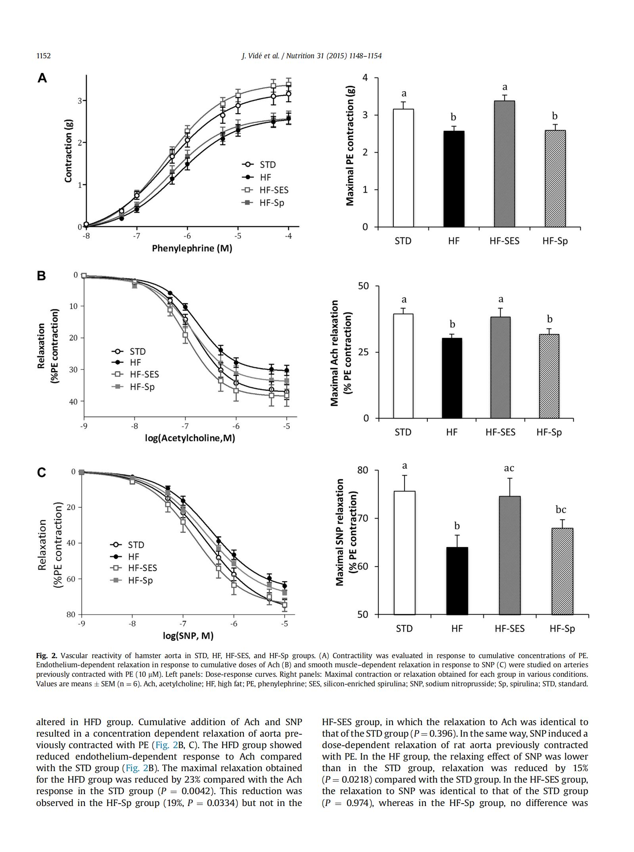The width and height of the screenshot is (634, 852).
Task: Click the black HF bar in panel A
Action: [x=454, y=179]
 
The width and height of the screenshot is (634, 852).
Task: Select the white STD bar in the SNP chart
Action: [x=404, y=553]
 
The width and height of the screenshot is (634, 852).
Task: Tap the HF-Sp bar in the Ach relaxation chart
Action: [x=549, y=376]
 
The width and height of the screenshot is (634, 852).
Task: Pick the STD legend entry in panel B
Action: [x=128, y=351]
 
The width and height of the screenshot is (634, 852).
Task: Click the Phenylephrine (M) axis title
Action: [x=192, y=249]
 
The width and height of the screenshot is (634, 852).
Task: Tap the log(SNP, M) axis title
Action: [x=188, y=636]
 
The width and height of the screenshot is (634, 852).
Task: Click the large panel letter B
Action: [x=41, y=276]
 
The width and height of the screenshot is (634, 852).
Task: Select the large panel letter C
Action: [x=41, y=473]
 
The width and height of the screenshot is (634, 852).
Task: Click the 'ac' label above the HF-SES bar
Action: [x=509, y=468]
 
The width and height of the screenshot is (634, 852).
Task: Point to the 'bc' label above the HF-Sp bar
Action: [x=561, y=509]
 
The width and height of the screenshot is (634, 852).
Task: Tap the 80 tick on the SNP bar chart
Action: [x=362, y=470]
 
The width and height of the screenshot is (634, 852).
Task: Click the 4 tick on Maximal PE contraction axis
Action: [x=365, y=77]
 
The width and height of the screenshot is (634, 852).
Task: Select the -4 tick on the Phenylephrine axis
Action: [x=288, y=236]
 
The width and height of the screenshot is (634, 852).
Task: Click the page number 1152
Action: [x=44, y=56]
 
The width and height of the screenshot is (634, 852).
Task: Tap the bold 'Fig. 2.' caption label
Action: [x=46, y=656]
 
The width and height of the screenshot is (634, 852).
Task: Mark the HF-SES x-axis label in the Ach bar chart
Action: [x=500, y=432]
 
